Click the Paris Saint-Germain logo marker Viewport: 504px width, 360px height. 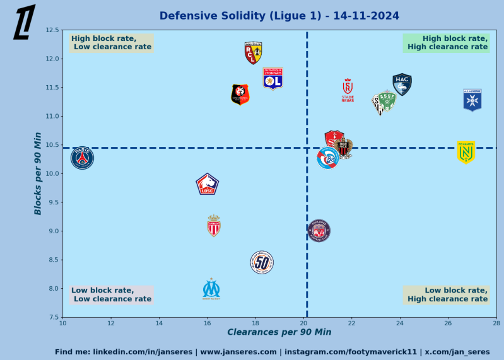82,158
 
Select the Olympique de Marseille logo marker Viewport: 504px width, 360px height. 211,289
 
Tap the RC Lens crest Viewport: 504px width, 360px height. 253,53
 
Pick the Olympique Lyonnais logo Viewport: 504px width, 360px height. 273,79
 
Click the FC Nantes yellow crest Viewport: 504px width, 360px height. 466,152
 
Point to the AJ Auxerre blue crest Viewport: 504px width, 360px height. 472,100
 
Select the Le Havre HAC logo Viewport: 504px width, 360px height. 402,84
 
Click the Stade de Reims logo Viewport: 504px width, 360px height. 348,90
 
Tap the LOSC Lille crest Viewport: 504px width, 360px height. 207,184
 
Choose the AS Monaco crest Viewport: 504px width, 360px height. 214,226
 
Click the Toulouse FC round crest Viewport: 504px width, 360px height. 319,231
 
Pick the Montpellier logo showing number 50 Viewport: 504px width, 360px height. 262,262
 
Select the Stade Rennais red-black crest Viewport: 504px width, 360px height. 240,95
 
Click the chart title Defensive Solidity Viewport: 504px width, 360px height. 279,16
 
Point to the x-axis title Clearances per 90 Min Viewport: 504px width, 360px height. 279,332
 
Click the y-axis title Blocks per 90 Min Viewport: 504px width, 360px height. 38,173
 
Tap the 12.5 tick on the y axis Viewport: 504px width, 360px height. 53,30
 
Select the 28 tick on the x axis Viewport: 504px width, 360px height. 496,323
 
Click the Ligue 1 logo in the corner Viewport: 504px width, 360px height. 25,22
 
